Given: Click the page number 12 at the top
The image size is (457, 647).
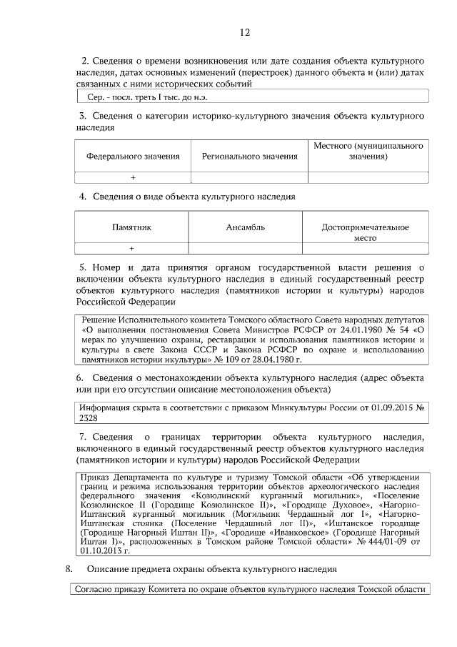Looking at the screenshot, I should click(245, 32).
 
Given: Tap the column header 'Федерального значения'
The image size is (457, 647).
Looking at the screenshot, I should click(133, 156).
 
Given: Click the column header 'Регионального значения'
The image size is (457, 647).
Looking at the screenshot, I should click(249, 156).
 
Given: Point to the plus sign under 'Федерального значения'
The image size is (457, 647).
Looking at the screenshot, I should click(133, 178).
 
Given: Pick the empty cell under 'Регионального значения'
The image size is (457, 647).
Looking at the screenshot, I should click(249, 178).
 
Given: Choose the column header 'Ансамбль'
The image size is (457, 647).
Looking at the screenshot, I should click(245, 227).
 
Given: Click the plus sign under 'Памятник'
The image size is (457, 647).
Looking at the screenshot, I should click(132, 248).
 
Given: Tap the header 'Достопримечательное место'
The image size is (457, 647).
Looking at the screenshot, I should click(365, 232).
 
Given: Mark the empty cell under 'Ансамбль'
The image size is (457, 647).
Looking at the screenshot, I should click(245, 248).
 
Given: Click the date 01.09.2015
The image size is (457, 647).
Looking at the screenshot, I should click(391, 407).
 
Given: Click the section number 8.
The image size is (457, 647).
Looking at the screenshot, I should click(69, 569).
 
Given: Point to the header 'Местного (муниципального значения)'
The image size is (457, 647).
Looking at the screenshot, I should click(368, 151).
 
